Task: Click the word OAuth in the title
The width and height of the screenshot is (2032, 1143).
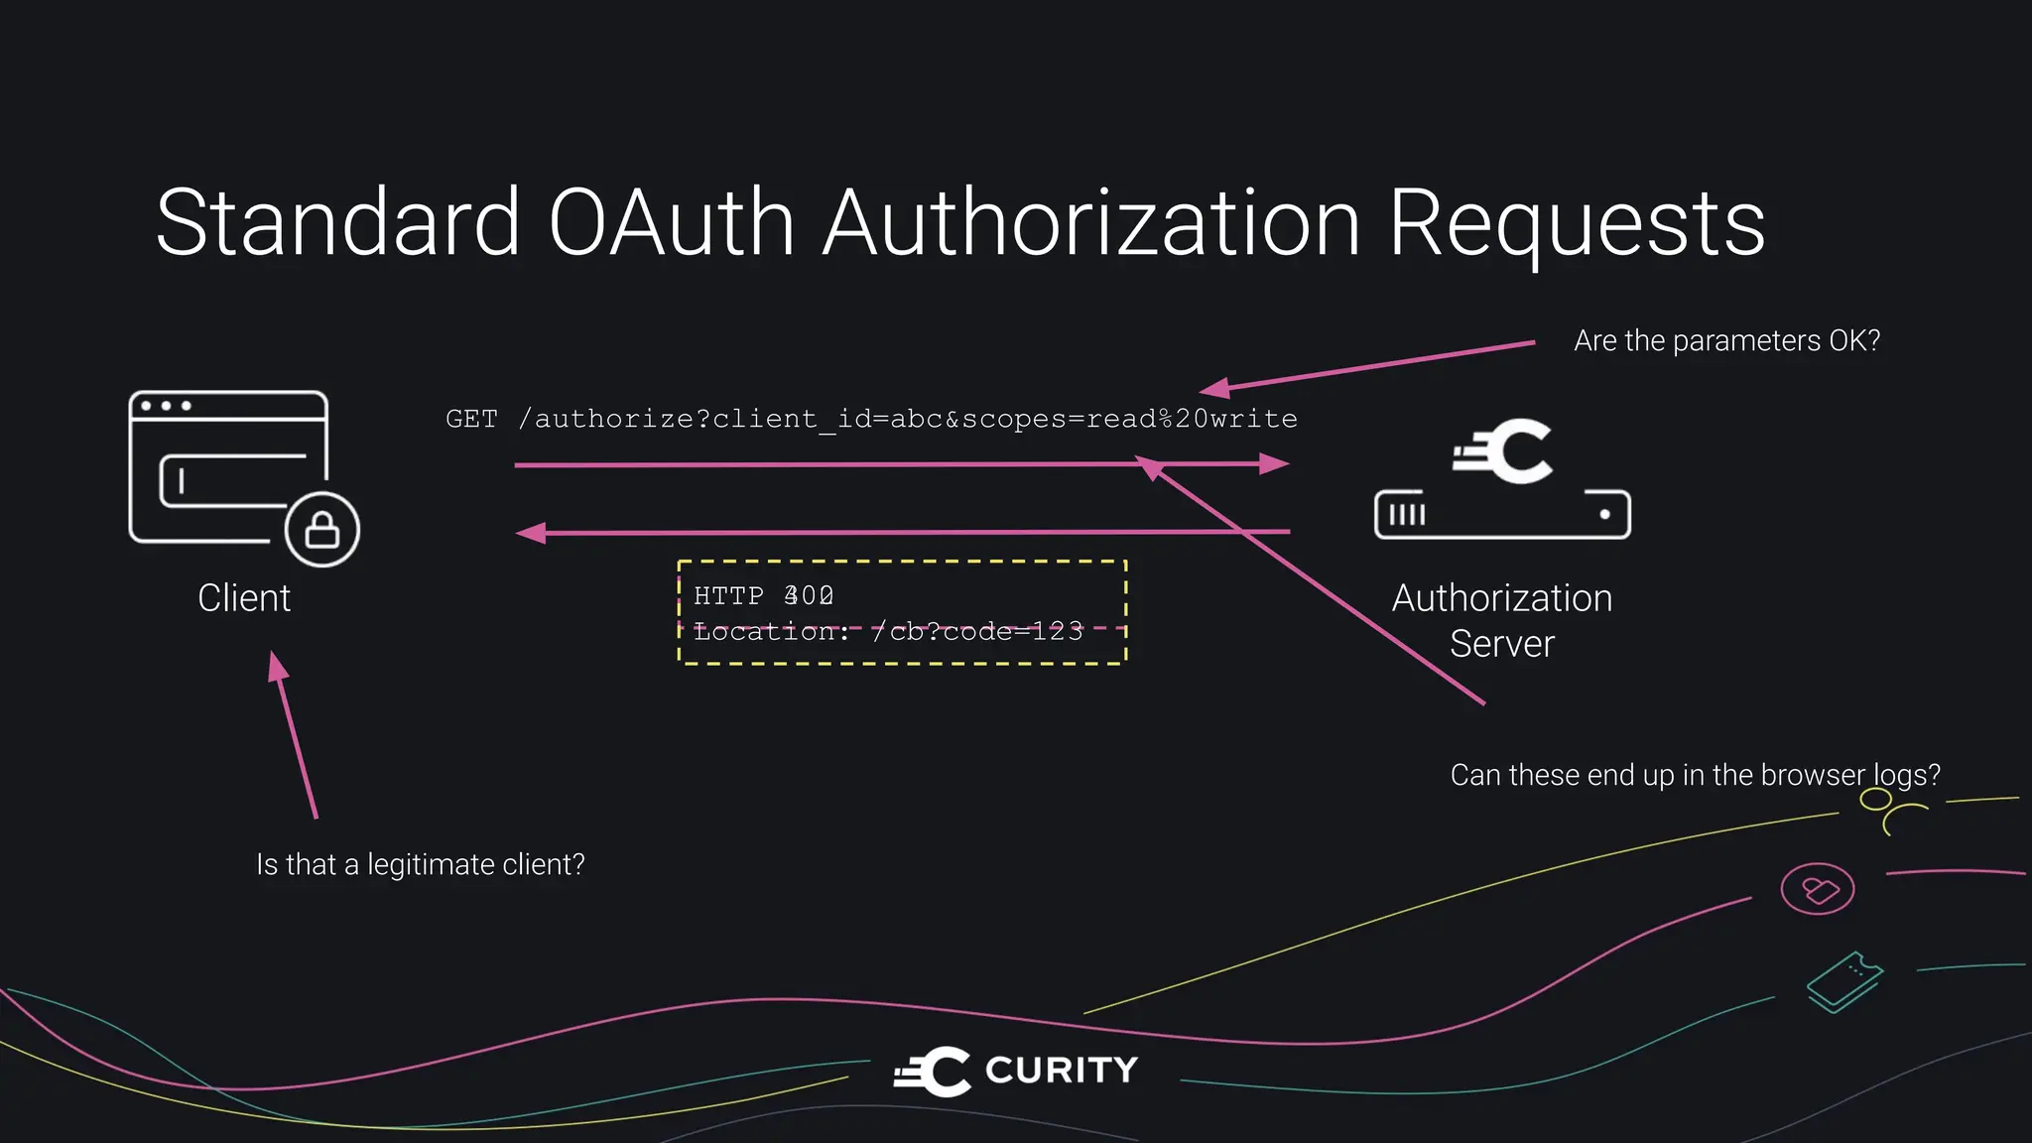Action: tap(671, 223)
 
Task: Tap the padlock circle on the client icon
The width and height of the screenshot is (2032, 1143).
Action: tap(322, 529)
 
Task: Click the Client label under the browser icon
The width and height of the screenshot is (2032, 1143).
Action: tap(244, 598)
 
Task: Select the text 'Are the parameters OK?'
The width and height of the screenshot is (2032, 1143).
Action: tap(1726, 341)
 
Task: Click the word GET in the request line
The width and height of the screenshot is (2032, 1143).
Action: tap(471, 419)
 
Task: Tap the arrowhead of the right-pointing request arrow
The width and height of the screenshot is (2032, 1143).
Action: tap(1275, 463)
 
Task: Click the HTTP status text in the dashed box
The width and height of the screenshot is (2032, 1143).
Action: tap(763, 595)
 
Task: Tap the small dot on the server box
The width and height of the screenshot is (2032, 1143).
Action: tap(1604, 514)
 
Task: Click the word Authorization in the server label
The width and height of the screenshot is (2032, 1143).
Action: tap(1501, 598)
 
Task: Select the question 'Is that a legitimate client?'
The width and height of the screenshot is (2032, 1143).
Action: tap(421, 864)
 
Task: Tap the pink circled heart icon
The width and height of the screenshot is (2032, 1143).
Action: tap(1818, 889)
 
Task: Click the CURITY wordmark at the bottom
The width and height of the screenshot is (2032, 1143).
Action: tap(1061, 1071)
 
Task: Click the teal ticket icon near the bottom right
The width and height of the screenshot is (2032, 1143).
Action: tap(1844, 981)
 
